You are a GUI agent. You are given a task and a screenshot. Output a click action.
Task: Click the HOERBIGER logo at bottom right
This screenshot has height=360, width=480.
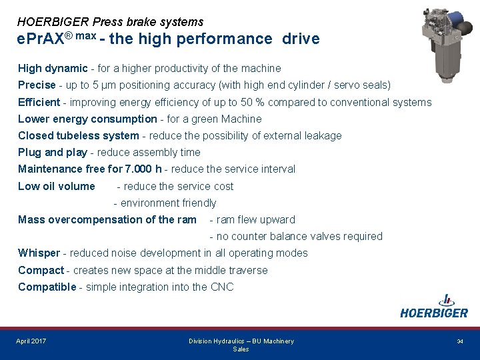(434, 307)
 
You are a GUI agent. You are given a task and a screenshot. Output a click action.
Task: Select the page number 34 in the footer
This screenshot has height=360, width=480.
(460, 341)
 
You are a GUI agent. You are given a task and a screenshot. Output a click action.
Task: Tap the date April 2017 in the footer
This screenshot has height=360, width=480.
(31, 341)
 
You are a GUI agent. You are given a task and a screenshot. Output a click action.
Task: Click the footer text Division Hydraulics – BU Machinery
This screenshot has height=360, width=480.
(241, 341)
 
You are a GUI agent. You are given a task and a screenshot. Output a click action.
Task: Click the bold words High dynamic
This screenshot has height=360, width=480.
(53, 68)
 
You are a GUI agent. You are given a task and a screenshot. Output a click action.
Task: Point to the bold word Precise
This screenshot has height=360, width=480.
(37, 85)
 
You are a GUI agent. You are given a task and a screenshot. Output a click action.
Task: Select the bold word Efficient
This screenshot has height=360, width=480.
(39, 102)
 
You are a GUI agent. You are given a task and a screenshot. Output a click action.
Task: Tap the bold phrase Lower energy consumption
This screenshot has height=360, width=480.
(87, 119)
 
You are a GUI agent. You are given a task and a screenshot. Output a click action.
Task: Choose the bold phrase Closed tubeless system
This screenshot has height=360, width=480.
(79, 135)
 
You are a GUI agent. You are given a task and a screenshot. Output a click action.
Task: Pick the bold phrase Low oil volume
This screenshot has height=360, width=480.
(57, 186)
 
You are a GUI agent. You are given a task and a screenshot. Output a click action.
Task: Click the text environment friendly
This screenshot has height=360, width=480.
(168, 203)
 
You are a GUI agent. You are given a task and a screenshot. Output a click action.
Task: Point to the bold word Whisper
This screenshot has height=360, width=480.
(39, 253)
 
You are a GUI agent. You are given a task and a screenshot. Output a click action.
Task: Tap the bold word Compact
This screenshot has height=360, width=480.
(41, 270)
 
